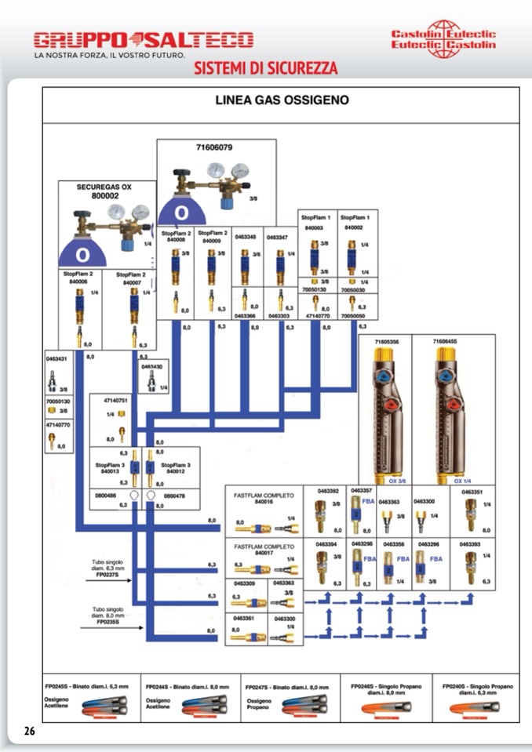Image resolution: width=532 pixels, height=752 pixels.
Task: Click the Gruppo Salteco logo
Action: click(x=144, y=39)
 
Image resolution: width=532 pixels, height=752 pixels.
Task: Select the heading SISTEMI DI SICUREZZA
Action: click(x=266, y=68)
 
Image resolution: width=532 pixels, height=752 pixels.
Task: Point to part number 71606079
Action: click(x=213, y=147)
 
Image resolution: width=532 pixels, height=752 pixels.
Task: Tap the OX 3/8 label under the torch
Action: click(x=399, y=480)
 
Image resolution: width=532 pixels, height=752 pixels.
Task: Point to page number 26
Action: click(x=30, y=731)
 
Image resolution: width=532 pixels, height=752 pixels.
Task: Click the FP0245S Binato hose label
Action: click(x=91, y=686)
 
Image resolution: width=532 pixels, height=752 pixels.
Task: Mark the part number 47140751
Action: click(x=116, y=400)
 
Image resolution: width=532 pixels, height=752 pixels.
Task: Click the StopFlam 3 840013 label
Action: click(x=110, y=469)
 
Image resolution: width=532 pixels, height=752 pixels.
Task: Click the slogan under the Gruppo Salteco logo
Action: click(x=109, y=56)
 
